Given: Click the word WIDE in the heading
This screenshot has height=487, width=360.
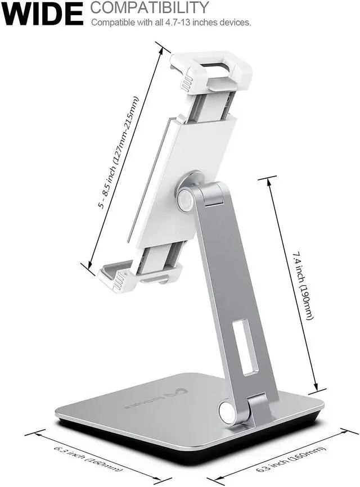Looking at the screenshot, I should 43,13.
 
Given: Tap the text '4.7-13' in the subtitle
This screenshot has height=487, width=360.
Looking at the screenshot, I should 188,23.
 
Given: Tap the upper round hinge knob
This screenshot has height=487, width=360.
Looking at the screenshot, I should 185,200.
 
